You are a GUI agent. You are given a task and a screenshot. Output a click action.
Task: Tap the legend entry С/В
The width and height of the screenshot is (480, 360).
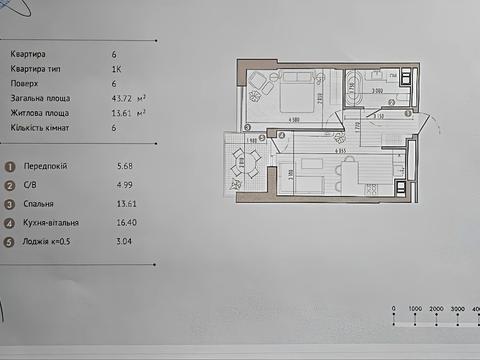[x=33, y=184]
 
